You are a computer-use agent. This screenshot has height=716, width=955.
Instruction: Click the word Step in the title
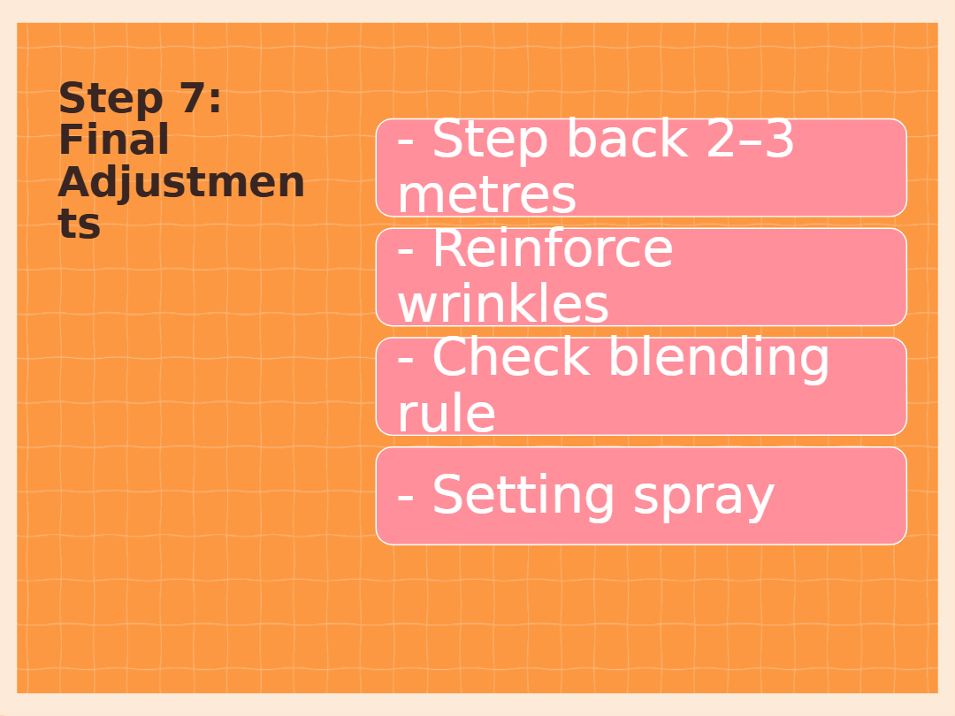pos(111,99)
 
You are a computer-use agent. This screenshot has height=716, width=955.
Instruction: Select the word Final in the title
pos(114,140)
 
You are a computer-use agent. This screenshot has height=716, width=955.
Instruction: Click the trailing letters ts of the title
pos(80,224)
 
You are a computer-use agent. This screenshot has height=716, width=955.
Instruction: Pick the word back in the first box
pos(628,139)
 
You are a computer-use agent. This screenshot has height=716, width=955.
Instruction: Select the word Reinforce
pos(553,248)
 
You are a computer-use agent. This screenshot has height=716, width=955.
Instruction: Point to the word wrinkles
pos(503,303)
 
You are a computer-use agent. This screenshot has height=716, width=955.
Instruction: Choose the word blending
pos(719,359)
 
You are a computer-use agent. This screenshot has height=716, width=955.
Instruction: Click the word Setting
pos(523,497)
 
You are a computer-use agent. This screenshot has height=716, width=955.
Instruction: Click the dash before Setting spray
pos(406,498)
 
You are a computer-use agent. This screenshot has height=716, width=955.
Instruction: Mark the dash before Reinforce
pos(406,251)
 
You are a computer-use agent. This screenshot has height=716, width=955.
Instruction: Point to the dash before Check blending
pos(406,360)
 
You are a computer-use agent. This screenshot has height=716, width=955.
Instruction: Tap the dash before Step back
pos(406,141)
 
